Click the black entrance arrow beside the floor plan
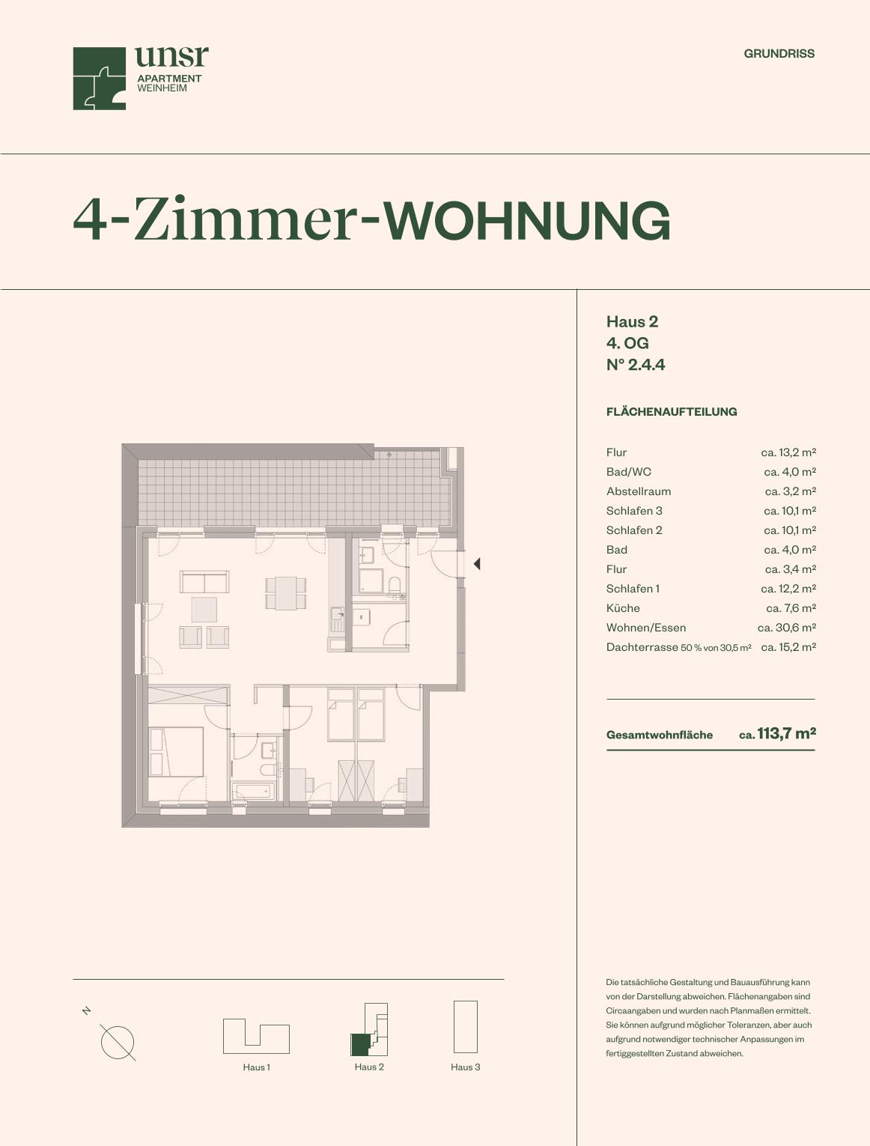tap(477, 564)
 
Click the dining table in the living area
tap(285, 593)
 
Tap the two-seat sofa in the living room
tap(204, 582)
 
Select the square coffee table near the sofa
tap(204, 609)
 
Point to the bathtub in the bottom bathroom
tap(253, 790)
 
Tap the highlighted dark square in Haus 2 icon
tap(359, 1045)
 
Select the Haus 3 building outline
tap(466, 1026)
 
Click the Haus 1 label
tap(256, 1067)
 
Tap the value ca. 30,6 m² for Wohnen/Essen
tap(786, 628)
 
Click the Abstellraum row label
tap(639, 491)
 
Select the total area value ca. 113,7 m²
tap(777, 734)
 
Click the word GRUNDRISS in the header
tap(779, 54)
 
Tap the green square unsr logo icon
tap(99, 79)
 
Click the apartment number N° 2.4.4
tap(636, 365)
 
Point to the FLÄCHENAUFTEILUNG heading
tap(672, 411)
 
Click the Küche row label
tap(623, 608)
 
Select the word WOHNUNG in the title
tap(527, 220)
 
